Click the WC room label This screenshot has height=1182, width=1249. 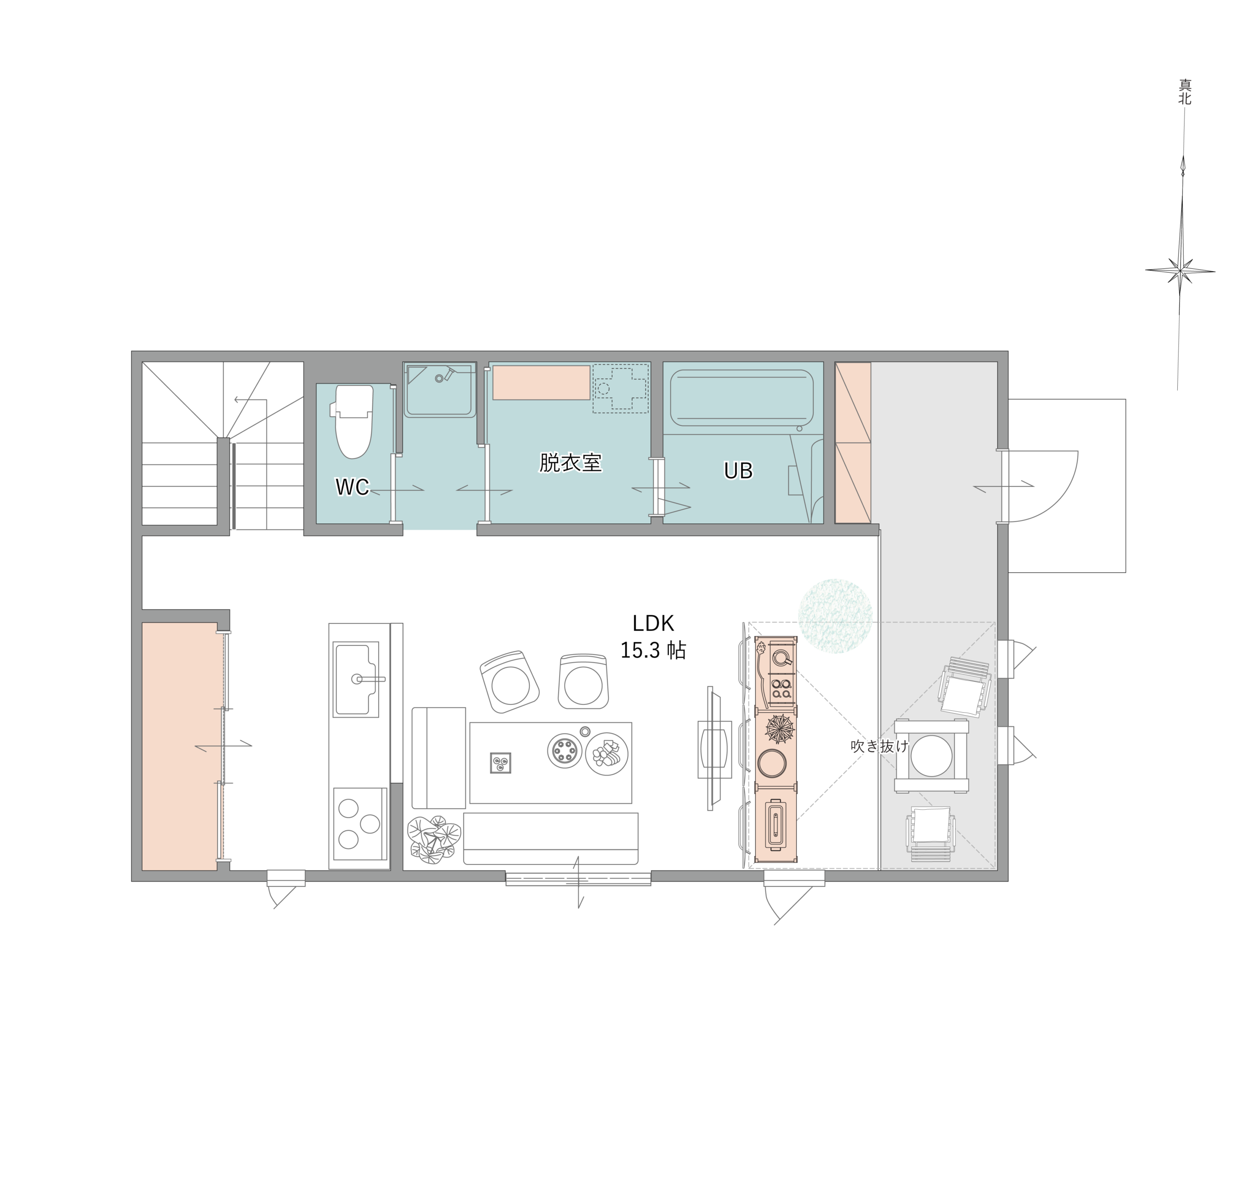352,486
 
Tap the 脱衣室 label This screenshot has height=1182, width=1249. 570,462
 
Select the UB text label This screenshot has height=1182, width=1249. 738,471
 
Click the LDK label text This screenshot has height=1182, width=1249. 653,623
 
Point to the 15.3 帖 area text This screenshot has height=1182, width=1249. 653,650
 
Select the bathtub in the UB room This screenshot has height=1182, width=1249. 742,398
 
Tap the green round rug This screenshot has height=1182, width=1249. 835,616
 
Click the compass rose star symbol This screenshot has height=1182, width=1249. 1180,272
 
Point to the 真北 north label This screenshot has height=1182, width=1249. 1185,92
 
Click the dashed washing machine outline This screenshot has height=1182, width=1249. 620,388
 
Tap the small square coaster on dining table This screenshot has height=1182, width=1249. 501,763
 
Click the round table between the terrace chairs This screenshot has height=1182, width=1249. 931,756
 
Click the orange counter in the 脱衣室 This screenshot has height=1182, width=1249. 541,382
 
